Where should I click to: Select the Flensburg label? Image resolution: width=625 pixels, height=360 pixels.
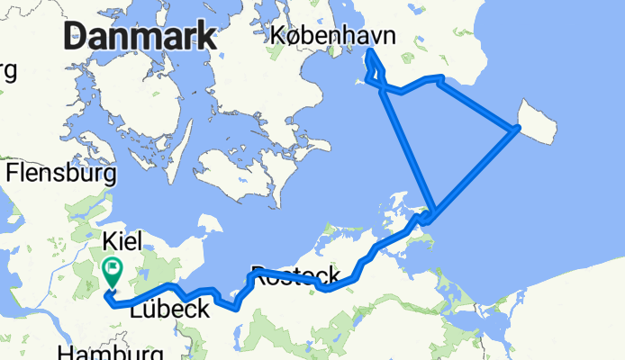point(61,171)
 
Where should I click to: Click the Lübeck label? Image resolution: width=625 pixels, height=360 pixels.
point(170,309)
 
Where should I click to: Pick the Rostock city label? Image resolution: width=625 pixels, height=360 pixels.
point(294,274)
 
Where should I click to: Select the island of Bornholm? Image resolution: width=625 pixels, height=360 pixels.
point(540,121)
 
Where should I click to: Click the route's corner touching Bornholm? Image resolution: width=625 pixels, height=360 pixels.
point(516,130)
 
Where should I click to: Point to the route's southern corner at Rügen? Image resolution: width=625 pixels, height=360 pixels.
point(430,219)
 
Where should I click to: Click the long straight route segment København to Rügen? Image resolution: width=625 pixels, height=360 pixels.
point(407,149)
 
